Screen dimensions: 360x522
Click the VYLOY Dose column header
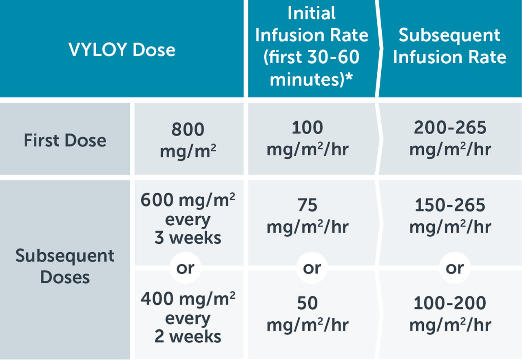pos(122,49)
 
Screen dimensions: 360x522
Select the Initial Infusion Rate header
pos(311,47)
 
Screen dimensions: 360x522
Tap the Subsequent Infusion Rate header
pos(449,47)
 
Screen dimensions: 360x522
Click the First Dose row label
pos(65,140)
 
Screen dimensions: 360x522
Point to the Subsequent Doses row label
pos(65,266)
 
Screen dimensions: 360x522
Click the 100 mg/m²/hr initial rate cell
pos(307,139)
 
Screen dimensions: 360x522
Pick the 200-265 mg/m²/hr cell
pos(450,139)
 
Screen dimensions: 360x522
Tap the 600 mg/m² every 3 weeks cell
pos(188,219)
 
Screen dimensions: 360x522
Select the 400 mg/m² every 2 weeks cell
pos(188,318)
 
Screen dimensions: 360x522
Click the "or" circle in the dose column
pos(185,268)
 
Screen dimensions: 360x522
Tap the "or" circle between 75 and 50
pos(312,268)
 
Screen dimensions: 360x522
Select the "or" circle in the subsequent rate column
pos(455,268)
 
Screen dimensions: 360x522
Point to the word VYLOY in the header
pos(97,50)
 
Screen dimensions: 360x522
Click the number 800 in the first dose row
pos(188,130)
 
